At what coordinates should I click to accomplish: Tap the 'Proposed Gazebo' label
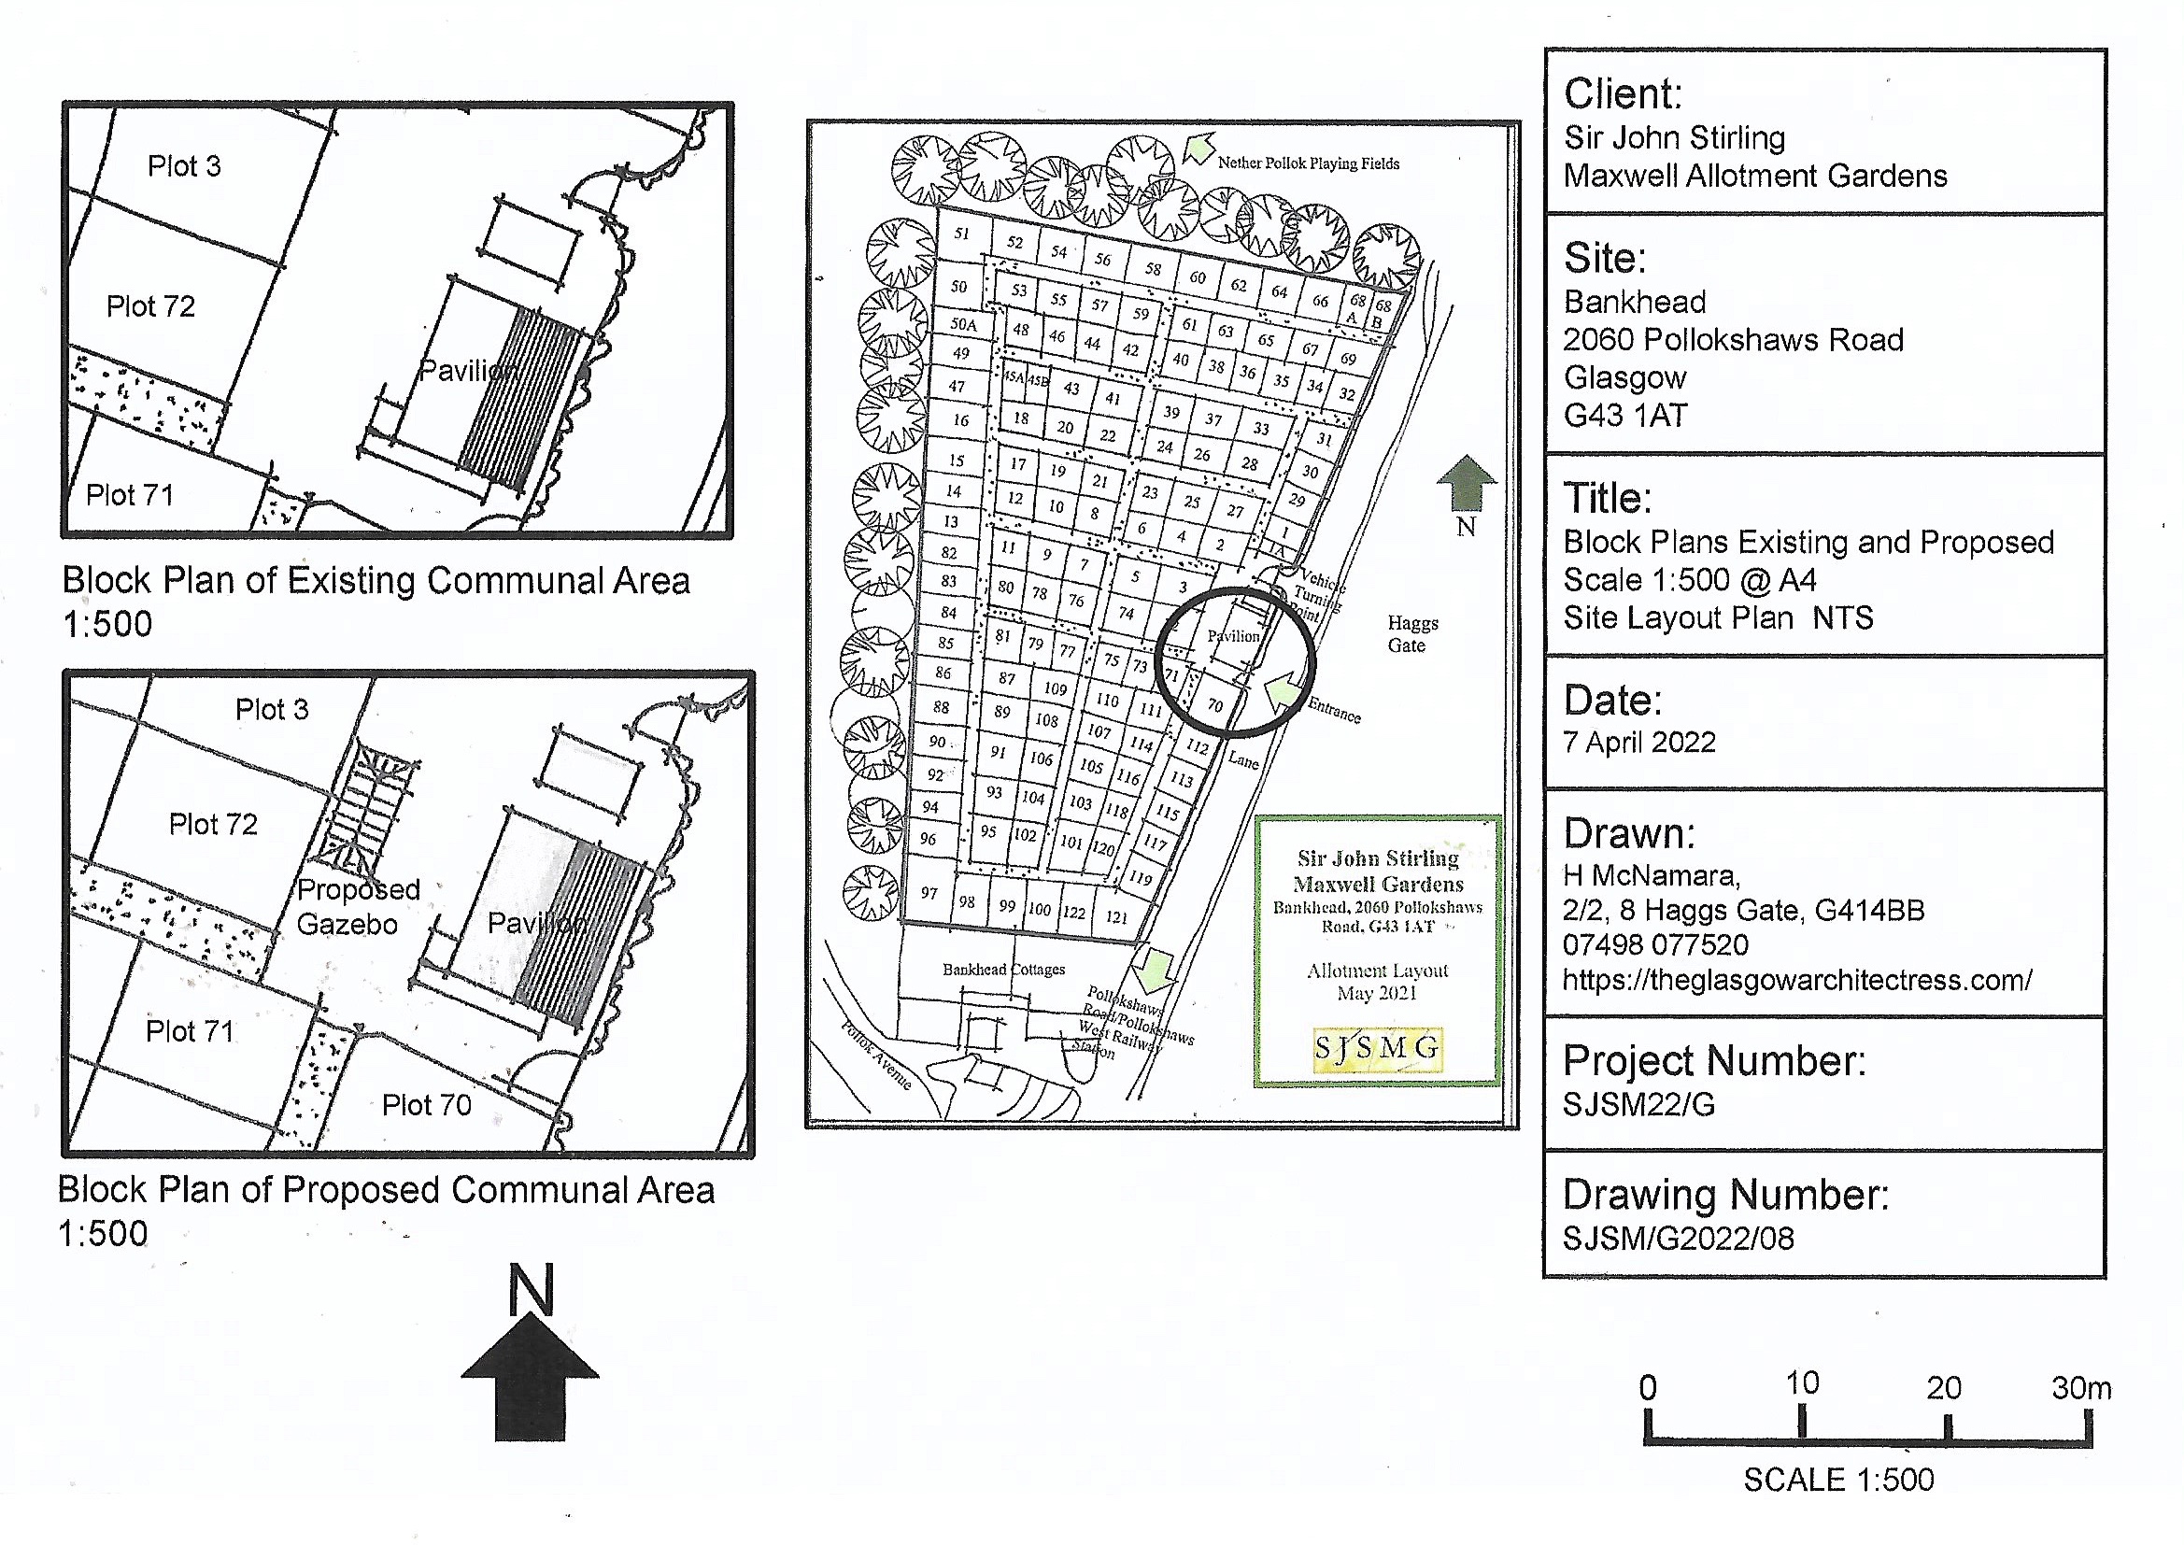click(358, 907)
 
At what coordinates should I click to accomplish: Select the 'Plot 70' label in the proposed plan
click(426, 1104)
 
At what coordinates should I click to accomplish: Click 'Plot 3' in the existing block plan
click(184, 166)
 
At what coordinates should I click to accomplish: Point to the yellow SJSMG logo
click(1376, 1048)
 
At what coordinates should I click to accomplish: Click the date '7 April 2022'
click(1639, 742)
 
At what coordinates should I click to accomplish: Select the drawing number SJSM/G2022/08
click(1679, 1238)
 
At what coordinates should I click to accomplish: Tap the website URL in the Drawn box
click(1797, 980)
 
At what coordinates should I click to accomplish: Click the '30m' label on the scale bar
click(2081, 1388)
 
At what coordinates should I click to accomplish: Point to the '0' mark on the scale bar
click(1648, 1388)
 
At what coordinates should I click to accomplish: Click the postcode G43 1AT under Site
click(1625, 416)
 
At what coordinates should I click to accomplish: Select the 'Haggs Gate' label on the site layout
click(1411, 634)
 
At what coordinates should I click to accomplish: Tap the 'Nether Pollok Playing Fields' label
click(1308, 163)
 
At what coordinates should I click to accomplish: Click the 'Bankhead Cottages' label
click(1003, 970)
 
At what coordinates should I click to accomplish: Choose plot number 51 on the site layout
click(961, 234)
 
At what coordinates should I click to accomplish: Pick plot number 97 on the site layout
click(929, 892)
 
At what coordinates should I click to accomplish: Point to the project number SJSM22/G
click(1639, 1104)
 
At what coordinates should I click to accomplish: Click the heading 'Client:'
click(1623, 94)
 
